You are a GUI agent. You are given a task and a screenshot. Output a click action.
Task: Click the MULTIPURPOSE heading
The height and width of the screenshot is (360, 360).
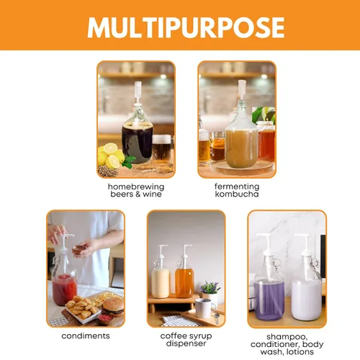[x=186, y=27]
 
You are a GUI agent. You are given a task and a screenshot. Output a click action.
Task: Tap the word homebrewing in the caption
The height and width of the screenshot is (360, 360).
[x=136, y=186]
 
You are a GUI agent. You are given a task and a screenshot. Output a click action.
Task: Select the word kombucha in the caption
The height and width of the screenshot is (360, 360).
[x=237, y=194]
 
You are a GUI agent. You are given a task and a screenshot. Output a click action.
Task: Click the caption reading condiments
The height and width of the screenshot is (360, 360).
[x=86, y=336]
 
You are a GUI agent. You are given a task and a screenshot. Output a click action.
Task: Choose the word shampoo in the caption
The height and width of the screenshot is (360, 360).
[x=287, y=337]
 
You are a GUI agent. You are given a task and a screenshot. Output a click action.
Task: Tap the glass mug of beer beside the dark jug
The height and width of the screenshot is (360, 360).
[x=162, y=148]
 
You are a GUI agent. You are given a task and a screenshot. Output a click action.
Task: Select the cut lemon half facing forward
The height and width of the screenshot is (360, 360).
[x=110, y=148]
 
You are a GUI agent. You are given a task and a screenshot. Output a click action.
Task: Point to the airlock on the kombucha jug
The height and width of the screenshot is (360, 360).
[x=242, y=90]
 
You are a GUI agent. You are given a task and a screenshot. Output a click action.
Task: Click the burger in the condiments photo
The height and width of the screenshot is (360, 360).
[x=113, y=307]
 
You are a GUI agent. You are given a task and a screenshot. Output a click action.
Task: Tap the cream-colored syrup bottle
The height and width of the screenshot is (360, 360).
[x=161, y=279]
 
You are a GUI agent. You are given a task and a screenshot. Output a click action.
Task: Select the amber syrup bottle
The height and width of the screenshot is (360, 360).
[x=184, y=279]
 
